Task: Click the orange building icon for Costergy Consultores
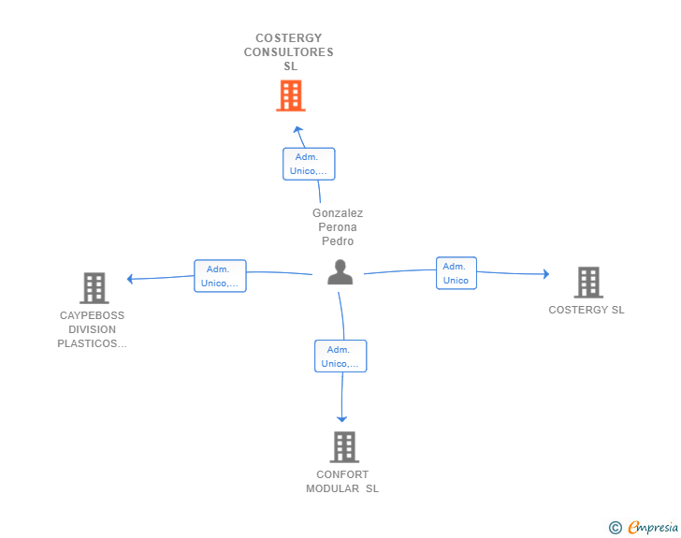(x=291, y=95)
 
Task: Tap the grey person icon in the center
(x=340, y=272)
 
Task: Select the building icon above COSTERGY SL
(x=588, y=283)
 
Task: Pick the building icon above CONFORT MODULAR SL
(x=344, y=446)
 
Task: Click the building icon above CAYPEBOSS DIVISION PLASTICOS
(x=94, y=287)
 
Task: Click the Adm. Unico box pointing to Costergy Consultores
(x=309, y=164)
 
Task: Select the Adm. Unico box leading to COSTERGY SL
(x=456, y=273)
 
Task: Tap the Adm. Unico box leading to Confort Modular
(x=340, y=356)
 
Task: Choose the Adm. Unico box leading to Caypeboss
(x=220, y=276)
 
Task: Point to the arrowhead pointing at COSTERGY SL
(x=546, y=274)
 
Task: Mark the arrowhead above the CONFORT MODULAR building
(x=341, y=419)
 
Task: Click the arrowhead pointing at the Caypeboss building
(x=129, y=279)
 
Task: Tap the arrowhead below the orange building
(x=297, y=129)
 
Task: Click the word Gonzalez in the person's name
(x=338, y=213)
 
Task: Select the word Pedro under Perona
(x=338, y=241)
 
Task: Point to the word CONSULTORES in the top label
(x=289, y=52)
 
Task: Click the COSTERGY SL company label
(x=587, y=310)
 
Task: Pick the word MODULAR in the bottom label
(x=332, y=489)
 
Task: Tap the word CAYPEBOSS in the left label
(x=92, y=315)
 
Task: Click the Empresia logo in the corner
(x=644, y=528)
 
